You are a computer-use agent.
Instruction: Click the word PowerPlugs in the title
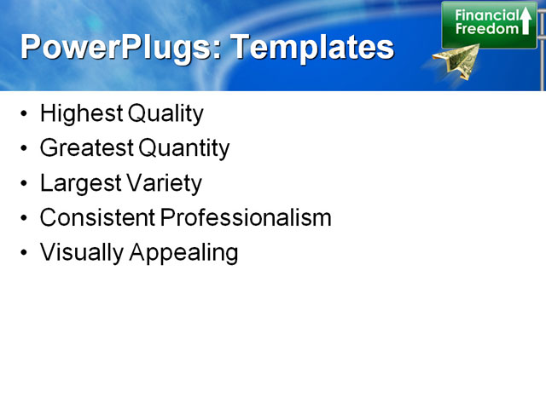[x=114, y=47]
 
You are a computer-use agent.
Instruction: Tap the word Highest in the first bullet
[x=81, y=113]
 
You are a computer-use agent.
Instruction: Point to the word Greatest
[x=86, y=148]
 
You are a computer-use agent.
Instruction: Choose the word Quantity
[x=184, y=148]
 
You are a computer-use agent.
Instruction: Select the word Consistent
[x=97, y=218]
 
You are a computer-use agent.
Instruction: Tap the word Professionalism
[x=246, y=218]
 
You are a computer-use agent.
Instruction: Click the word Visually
[x=79, y=253]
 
